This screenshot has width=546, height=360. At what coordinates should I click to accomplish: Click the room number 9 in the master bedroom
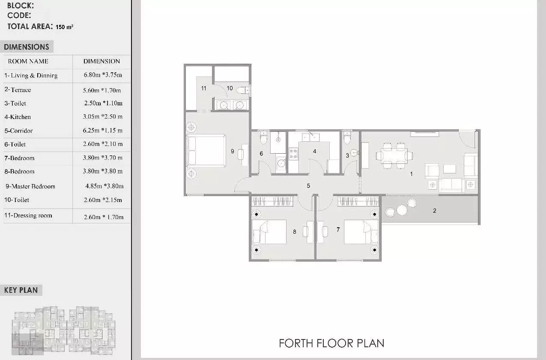click(x=232, y=151)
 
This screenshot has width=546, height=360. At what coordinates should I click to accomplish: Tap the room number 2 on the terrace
click(x=434, y=211)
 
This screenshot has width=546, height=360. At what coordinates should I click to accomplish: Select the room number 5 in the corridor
click(x=308, y=186)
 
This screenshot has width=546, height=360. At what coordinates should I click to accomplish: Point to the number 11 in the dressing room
click(x=204, y=88)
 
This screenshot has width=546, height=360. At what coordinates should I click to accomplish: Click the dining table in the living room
click(x=394, y=155)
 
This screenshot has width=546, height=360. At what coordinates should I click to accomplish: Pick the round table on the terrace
click(x=402, y=210)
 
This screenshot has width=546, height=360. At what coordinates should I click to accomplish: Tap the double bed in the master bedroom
click(x=206, y=151)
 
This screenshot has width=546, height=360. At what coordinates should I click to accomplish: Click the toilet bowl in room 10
click(x=242, y=90)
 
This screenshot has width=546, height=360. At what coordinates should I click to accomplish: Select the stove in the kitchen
click(x=293, y=154)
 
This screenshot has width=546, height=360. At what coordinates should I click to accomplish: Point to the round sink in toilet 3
click(x=354, y=153)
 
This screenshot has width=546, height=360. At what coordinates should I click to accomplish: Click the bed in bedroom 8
click(x=269, y=232)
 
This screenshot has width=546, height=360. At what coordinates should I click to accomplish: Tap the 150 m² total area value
click(x=64, y=27)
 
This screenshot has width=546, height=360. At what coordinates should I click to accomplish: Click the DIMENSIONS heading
click(x=26, y=47)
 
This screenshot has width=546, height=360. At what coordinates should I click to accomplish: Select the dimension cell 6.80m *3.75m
click(x=103, y=75)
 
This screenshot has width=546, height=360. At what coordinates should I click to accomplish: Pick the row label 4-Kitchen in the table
click(x=18, y=117)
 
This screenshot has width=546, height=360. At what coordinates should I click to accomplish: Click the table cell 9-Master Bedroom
click(x=30, y=186)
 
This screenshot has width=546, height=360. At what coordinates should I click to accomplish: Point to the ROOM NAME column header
click(x=28, y=61)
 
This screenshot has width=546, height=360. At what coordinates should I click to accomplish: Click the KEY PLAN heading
click(x=21, y=290)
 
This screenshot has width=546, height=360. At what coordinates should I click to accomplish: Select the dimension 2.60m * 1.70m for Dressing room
click(x=104, y=217)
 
